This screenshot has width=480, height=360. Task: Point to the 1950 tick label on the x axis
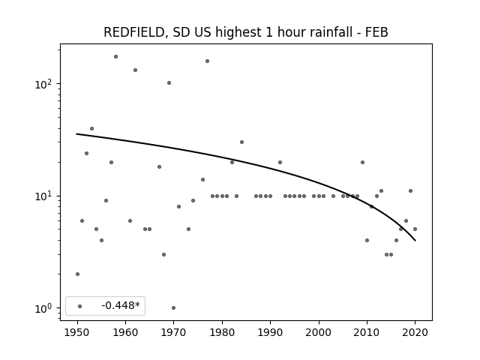click(77, 332)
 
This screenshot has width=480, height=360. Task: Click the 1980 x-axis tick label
click(222, 332)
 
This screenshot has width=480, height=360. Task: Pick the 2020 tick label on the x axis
click(415, 332)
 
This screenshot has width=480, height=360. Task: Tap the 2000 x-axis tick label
click(319, 332)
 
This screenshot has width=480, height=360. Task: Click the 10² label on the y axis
click(44, 83)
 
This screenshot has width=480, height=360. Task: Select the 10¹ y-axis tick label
click(44, 196)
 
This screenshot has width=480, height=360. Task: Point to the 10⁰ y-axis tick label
click(44, 308)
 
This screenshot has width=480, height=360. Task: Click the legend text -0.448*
click(121, 305)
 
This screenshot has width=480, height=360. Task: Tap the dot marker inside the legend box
click(80, 306)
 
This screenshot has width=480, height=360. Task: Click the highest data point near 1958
click(115, 57)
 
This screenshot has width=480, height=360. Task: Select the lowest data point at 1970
click(173, 308)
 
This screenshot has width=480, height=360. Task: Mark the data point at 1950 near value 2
click(77, 274)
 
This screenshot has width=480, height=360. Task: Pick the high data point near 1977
click(207, 61)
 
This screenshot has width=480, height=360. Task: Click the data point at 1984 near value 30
click(241, 142)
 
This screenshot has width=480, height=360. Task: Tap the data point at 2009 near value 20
click(362, 162)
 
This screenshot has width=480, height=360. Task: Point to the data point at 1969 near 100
click(169, 83)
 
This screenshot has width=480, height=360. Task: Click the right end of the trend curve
click(415, 241)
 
